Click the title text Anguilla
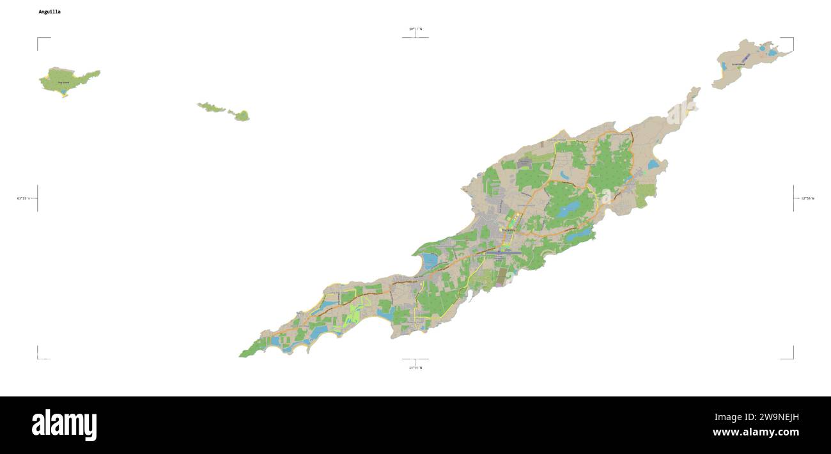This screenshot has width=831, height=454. (50, 12)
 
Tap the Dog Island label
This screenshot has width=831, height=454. (63, 82)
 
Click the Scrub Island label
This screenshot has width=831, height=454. (738, 65)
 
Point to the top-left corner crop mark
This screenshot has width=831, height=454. (38, 39)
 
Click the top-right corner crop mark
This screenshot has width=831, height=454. (793, 39)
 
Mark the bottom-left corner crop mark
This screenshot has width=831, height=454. (38, 357)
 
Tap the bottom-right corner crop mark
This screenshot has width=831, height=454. (793, 357)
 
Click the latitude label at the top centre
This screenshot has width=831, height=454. (415, 29)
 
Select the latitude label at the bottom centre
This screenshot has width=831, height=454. (415, 368)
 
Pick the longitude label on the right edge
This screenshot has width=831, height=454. (808, 198)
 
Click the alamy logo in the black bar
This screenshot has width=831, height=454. (64, 425)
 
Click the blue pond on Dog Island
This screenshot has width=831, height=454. (65, 95)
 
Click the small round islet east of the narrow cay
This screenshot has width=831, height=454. (242, 116)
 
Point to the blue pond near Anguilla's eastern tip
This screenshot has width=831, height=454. (653, 164)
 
